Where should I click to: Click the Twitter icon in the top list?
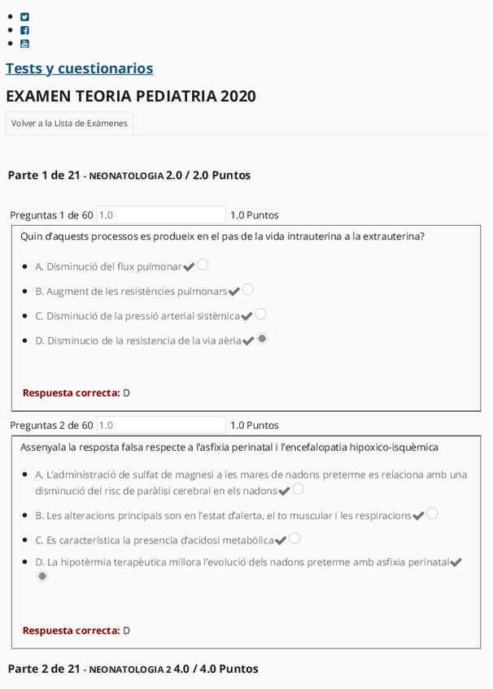(x=24, y=16)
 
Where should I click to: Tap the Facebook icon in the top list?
(x=24, y=30)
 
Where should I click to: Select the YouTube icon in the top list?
(x=24, y=44)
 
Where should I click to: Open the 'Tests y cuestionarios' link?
(x=79, y=68)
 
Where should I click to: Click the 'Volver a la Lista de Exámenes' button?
(x=69, y=123)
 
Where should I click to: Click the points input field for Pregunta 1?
(x=160, y=215)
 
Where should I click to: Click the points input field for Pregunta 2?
(x=160, y=425)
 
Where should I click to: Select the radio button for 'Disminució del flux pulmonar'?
(x=203, y=264)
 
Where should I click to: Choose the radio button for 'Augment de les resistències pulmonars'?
(x=248, y=288)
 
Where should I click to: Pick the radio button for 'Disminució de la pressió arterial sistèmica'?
(x=261, y=314)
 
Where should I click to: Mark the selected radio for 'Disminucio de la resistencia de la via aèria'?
(x=262, y=339)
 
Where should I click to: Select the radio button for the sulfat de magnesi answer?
(x=298, y=489)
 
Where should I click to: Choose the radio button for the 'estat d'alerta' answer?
(x=432, y=513)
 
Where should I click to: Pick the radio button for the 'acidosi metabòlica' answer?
(x=294, y=538)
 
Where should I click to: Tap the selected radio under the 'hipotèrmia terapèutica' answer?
(x=42, y=576)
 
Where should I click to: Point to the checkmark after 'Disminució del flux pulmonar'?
(x=189, y=266)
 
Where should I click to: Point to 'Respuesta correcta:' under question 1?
(x=71, y=393)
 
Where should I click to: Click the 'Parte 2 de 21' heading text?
(x=44, y=669)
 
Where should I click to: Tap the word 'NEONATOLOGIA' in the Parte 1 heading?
(x=126, y=175)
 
